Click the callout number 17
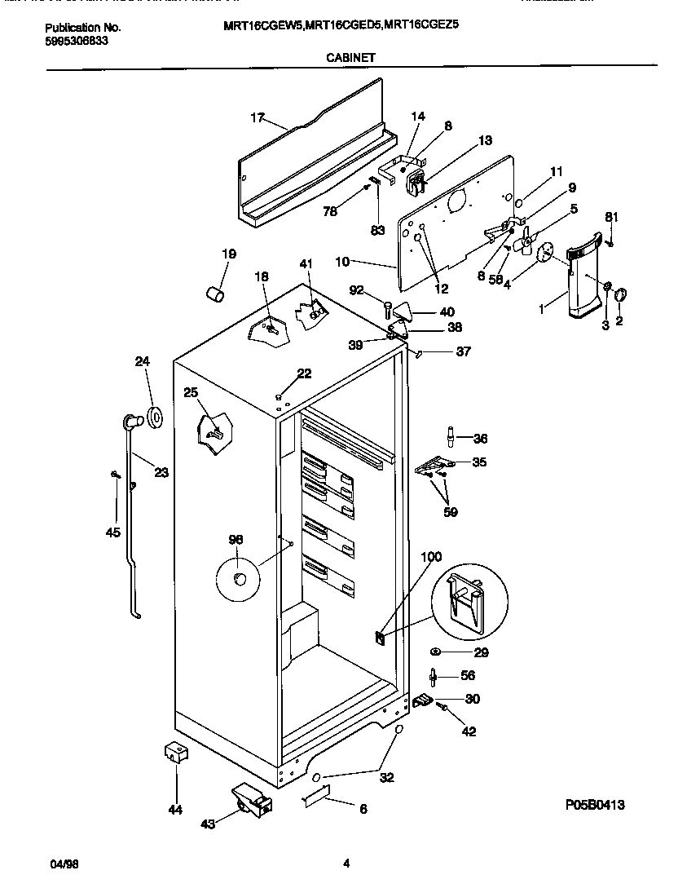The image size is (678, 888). [257, 118]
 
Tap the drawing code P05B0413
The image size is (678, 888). [595, 805]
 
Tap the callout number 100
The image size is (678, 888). [430, 557]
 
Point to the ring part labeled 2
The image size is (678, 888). [620, 295]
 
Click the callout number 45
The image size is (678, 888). [112, 532]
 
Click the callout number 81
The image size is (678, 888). [612, 216]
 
